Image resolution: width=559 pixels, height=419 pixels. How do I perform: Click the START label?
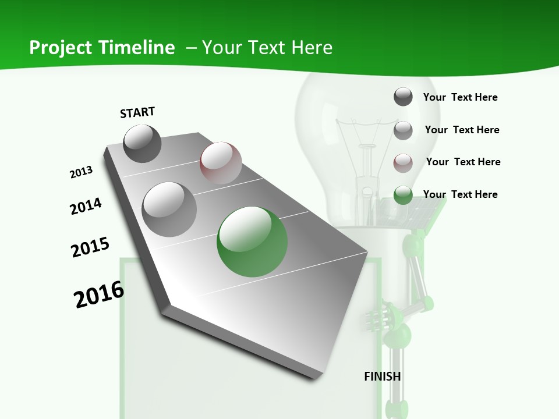coord(137,112)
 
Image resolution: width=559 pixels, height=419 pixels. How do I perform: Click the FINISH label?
coord(382,377)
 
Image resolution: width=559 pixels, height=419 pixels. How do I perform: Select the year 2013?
coord(82,172)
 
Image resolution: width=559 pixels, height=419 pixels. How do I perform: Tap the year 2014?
coord(86,206)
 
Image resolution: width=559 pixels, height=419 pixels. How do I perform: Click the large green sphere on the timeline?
coord(252,242)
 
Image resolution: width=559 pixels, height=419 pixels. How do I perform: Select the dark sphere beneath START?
coord(142,143)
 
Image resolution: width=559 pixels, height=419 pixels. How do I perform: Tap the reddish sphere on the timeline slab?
coord(221,163)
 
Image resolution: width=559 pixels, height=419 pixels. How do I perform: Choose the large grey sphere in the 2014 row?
coord(169,209)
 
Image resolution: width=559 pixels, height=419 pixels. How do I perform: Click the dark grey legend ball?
coord(403,97)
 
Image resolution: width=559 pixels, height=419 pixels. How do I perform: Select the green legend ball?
coord(403,195)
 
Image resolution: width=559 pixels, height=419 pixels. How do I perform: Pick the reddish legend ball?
coord(403,163)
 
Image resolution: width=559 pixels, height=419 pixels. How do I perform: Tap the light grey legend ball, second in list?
coord(403,130)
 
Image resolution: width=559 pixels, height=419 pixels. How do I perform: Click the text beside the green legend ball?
coord(460,194)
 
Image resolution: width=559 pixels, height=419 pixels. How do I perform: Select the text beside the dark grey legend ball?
coord(460,97)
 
